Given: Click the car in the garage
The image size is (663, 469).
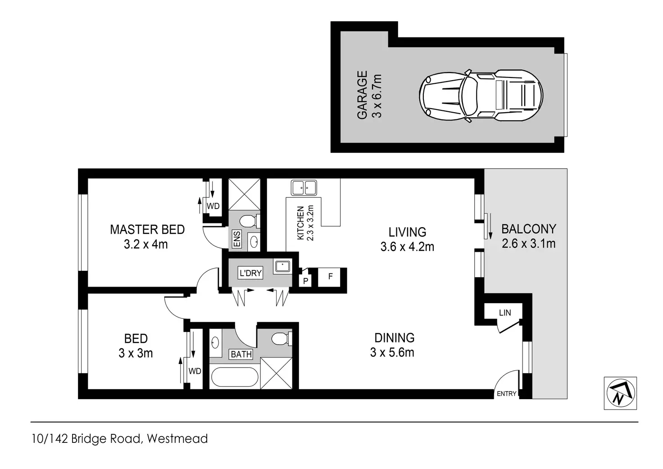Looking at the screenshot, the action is pos(481,96).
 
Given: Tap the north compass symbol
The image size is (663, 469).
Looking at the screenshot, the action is pos(620,393).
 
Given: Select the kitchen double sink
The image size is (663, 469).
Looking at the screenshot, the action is pos(304,188).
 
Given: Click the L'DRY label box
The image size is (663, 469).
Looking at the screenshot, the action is pos(250,273).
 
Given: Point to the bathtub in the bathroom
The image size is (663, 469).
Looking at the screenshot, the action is pos(235,377).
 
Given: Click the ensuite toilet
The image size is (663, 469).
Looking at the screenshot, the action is pos(249,221).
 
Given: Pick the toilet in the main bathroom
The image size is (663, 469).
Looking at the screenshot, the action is pos(282,339).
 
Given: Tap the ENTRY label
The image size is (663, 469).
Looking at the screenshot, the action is pos(506,393).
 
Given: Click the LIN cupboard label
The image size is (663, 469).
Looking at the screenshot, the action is pos(505,312).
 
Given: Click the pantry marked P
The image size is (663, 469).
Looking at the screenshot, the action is pos(305,280).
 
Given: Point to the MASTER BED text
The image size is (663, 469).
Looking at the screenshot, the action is pos(147,229).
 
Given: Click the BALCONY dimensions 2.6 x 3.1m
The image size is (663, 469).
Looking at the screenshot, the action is pos(529,243).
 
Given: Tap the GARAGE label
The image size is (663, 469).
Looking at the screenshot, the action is pos(362,95).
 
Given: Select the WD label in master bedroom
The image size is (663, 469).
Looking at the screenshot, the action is pos(213,206).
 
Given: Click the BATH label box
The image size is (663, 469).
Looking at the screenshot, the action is pos(241,354).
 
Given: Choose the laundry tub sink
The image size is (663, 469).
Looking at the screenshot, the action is pos(283,266).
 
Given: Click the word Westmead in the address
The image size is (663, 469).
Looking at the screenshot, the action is pos(177,438).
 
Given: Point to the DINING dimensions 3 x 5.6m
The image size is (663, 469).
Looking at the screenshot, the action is pos(392,352).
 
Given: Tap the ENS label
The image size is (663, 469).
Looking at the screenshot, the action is pos(237,239).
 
